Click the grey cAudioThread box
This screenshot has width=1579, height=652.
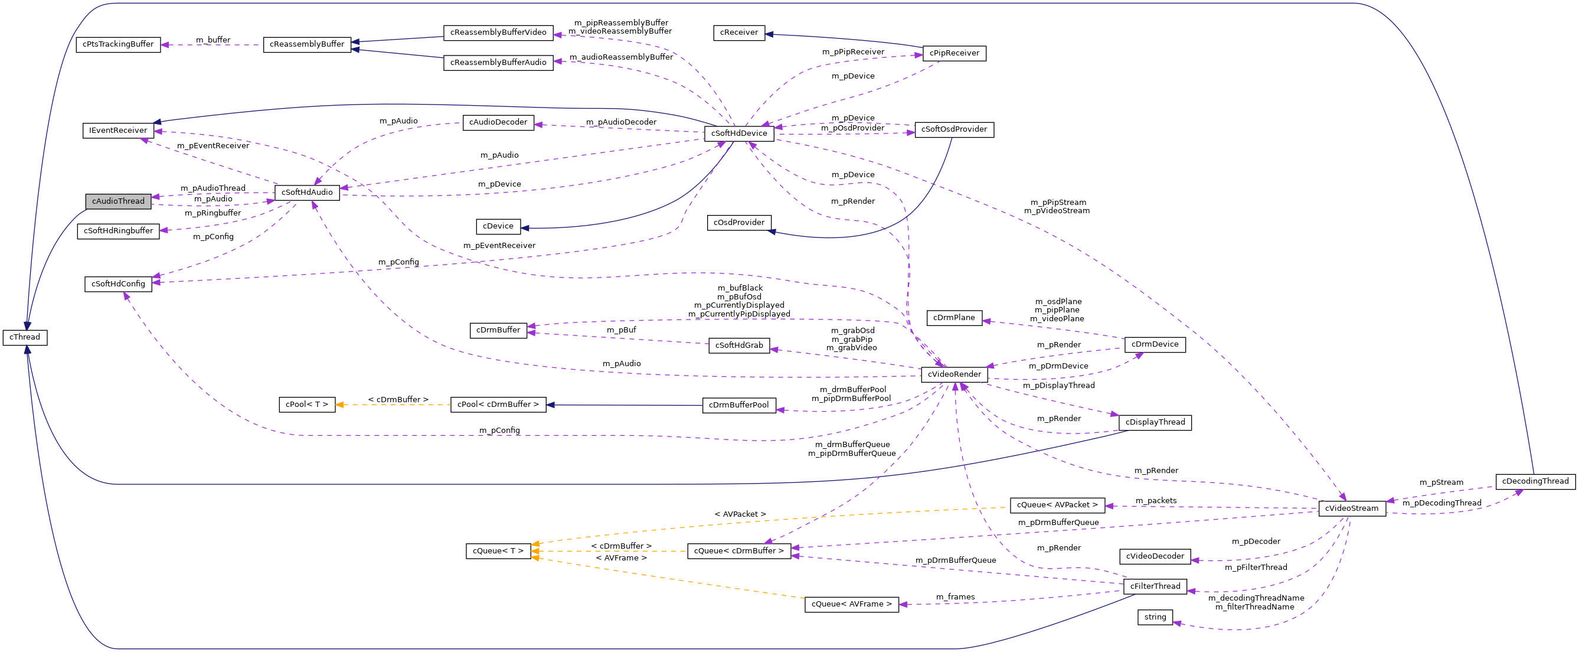click(x=118, y=201)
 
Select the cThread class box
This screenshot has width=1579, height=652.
click(x=25, y=337)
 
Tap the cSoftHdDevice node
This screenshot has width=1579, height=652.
click(x=738, y=133)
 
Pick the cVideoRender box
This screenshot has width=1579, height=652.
click(x=954, y=374)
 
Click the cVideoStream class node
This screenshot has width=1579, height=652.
click(x=1352, y=508)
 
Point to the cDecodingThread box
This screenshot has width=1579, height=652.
click(x=1535, y=481)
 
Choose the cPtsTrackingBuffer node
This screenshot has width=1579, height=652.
click(x=118, y=44)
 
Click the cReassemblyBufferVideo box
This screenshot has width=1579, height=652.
click(x=498, y=32)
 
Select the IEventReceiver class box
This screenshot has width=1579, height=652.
click(x=118, y=131)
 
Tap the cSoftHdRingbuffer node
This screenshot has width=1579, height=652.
click(x=118, y=232)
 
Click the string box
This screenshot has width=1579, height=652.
click(x=1155, y=617)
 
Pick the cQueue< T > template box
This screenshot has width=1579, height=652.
click(x=498, y=551)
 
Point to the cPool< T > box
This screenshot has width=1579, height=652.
click(x=306, y=405)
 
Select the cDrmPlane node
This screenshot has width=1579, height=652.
click(x=954, y=318)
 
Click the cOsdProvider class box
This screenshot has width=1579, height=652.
click(x=738, y=223)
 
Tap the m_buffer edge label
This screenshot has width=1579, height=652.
click(x=213, y=40)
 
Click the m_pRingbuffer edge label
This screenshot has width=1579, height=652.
click(x=213, y=213)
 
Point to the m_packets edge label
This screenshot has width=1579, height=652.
click(x=1155, y=500)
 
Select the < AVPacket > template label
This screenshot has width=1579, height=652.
click(x=740, y=514)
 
